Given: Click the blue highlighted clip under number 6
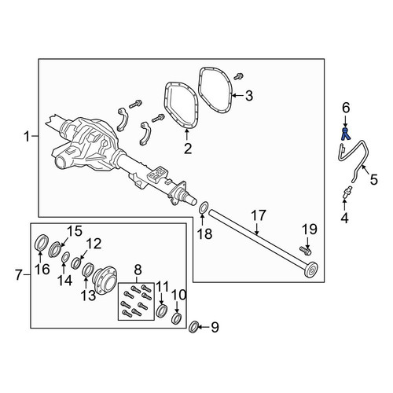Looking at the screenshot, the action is pyautogui.click(x=346, y=134).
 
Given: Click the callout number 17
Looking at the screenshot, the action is pyautogui.click(x=259, y=215).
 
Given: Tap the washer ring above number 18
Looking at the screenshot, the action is pyautogui.click(x=204, y=208).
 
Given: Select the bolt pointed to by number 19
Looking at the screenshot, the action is pyautogui.click(x=305, y=251).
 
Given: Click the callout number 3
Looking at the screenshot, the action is pyautogui.click(x=249, y=96).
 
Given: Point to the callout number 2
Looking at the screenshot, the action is pyautogui.click(x=188, y=149).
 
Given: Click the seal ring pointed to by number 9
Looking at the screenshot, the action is pyautogui.click(x=194, y=327).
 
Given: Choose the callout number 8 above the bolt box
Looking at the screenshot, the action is pyautogui.click(x=138, y=270).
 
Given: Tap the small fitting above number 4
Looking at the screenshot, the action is pyautogui.click(x=347, y=191).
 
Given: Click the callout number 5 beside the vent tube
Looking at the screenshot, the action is pyautogui.click(x=374, y=180).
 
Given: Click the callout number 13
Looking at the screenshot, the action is pyautogui.click(x=88, y=296).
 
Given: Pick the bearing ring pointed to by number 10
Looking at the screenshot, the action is pyautogui.click(x=176, y=318).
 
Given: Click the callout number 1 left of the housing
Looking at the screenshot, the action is pyautogui.click(x=27, y=137).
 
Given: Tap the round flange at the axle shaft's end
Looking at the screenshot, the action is pyautogui.click(x=311, y=270).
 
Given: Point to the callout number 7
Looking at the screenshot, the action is pyautogui.click(x=18, y=275).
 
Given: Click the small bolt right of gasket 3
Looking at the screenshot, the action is pyautogui.click(x=239, y=76).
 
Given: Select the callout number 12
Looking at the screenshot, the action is pyautogui.click(x=94, y=244).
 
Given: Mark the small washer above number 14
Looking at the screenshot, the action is pyautogui.click(x=65, y=257).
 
